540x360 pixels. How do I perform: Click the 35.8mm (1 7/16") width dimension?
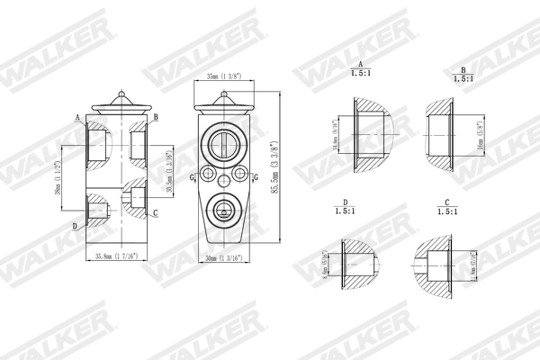point(114,257)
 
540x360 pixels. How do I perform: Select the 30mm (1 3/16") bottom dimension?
point(224,258)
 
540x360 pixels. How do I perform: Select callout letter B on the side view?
point(156,118)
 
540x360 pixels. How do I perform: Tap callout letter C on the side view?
point(156,212)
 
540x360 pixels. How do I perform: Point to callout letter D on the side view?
point(75,225)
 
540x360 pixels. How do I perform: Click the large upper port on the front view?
point(222,141)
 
